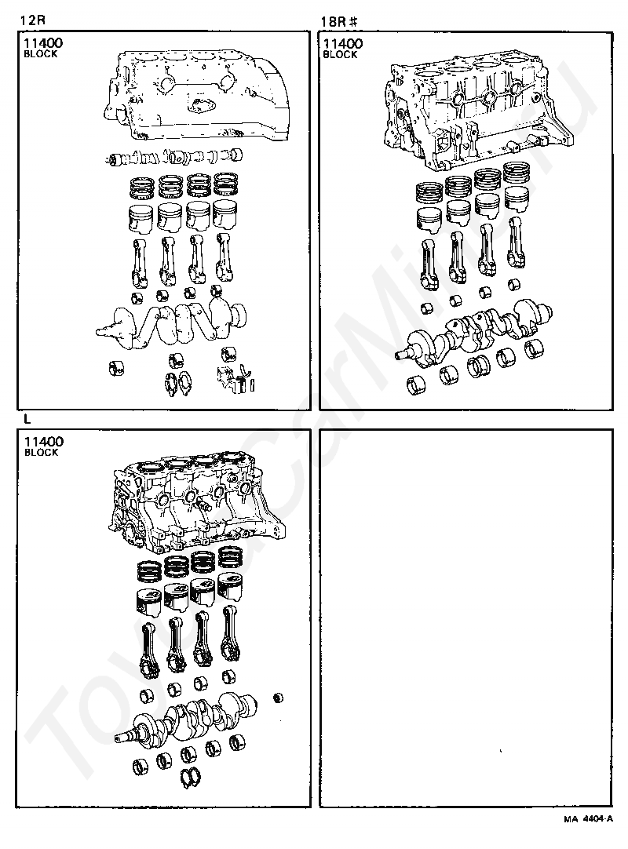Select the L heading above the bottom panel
27,418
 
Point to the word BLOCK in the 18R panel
341,55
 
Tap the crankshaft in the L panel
188,718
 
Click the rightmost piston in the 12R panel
227,216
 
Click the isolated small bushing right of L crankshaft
276,697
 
